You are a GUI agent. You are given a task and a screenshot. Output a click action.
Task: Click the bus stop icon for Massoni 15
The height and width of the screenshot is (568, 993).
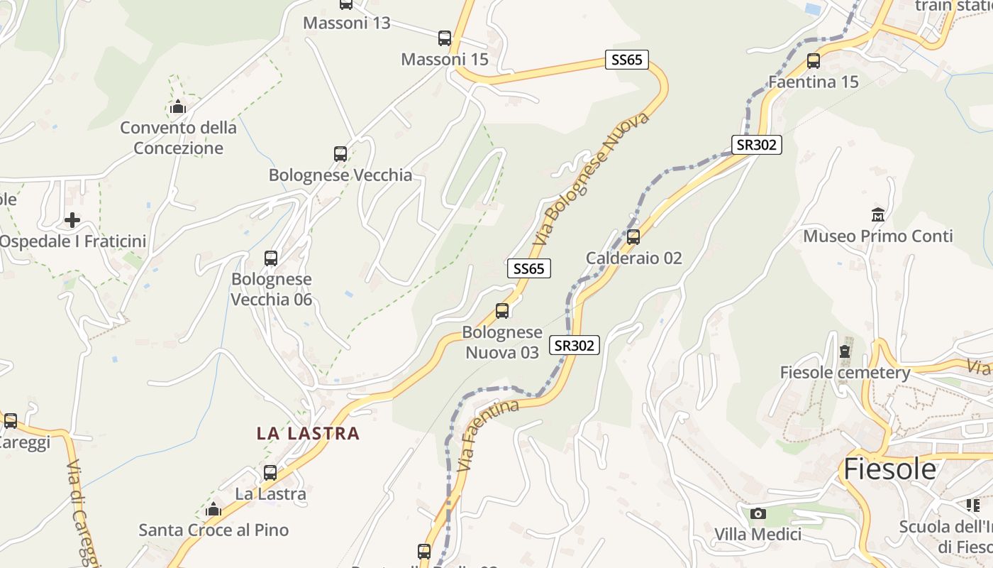[x=445, y=38]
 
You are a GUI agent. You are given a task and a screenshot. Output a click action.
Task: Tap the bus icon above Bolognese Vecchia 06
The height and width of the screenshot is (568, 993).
[x=271, y=258]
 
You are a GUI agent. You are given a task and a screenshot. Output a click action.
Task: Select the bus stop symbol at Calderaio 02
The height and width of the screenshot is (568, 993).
[x=633, y=237]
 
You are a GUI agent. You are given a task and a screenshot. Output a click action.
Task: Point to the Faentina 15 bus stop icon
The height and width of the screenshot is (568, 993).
[x=814, y=61]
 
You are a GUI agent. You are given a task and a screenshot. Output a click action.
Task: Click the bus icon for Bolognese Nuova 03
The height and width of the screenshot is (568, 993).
[x=502, y=311]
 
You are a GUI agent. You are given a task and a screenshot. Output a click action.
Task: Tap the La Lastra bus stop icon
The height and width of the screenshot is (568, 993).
[x=270, y=473]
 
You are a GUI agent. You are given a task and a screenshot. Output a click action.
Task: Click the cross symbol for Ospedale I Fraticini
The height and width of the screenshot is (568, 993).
[x=72, y=220]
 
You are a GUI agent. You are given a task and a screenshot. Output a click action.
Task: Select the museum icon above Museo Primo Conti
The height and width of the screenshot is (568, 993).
[x=878, y=214]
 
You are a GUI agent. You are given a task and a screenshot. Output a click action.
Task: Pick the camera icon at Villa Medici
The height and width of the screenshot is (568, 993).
[x=758, y=513]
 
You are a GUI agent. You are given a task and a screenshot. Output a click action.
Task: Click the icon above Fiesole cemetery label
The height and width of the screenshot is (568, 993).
[x=844, y=351]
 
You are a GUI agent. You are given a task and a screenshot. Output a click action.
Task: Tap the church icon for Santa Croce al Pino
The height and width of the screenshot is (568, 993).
[x=213, y=509]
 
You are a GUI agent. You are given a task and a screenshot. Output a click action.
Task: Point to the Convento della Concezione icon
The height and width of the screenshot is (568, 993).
[x=177, y=107]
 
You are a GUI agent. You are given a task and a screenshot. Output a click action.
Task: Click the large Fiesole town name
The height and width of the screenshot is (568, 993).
[x=889, y=469]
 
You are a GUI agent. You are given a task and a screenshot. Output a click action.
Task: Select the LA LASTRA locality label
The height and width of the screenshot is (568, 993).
[x=308, y=433]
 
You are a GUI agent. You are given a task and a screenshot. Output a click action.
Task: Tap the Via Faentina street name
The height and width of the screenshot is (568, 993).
[x=489, y=435]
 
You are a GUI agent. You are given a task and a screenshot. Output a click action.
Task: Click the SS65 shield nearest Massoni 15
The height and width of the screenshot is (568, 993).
[x=627, y=60]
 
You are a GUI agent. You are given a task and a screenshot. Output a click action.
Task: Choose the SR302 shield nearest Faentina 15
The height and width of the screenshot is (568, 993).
[x=756, y=145]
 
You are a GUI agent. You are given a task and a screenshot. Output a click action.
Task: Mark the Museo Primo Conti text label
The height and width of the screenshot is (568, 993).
[x=877, y=236]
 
